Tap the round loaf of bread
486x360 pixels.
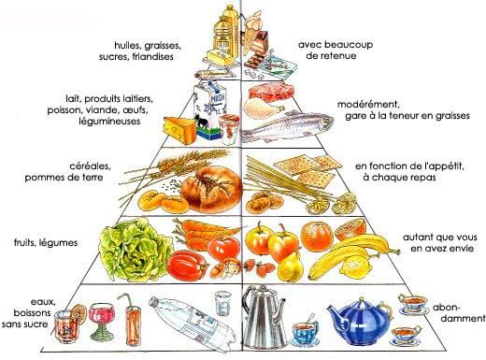207,187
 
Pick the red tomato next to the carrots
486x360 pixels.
222,247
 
